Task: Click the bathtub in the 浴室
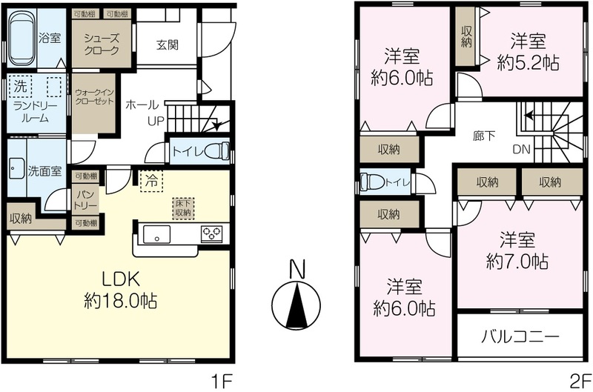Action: [22, 38]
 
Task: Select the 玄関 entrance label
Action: [167, 45]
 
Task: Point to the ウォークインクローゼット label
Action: [94, 97]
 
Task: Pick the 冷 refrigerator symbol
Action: [152, 182]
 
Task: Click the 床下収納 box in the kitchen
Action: [183, 208]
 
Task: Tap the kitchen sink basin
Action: [156, 234]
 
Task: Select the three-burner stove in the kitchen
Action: [212, 234]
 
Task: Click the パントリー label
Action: [87, 199]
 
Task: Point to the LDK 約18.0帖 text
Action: [120, 290]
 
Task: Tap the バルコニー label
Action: [520, 336]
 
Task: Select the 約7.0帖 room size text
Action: [517, 261]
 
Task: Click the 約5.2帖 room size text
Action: [528, 63]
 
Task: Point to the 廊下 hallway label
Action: [484, 136]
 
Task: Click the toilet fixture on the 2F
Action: [372, 182]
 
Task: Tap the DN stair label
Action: [522, 149]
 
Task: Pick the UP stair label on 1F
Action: [156, 121]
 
